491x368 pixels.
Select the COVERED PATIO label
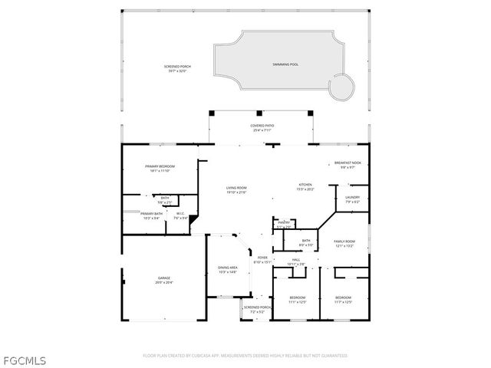263,125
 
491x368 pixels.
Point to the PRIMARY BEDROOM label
160,166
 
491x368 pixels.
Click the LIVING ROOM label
236,188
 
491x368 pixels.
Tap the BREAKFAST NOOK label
348,163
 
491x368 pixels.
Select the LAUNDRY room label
352,198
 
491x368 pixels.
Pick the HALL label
296,260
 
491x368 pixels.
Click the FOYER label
262,258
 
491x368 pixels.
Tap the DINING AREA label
228,267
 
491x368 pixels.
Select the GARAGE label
164,278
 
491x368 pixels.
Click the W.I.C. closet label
180,214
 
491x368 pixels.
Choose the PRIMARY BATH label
151,214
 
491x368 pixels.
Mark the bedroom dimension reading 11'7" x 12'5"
343,301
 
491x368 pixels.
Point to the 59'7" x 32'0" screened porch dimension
177,71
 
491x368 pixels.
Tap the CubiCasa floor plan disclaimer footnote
245,356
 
